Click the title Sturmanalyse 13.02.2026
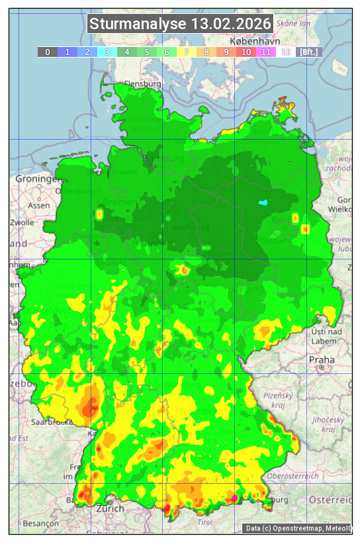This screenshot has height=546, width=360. coord(180,24)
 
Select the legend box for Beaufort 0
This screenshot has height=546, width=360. coord(48,52)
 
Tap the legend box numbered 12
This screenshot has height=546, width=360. coord(286,52)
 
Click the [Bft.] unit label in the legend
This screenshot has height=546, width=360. coord(308,52)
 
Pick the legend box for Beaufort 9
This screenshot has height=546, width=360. coord(226,52)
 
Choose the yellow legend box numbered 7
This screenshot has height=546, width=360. coord(187,52)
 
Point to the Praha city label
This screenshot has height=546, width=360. coord(322,359)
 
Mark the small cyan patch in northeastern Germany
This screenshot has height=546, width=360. coord(265,203)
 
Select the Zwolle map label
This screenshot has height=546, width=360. coord(21,222)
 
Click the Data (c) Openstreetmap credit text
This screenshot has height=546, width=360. coord(298,528)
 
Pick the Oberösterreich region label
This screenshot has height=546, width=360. coord(293,476)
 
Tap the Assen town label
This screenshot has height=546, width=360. coord(38,205)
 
